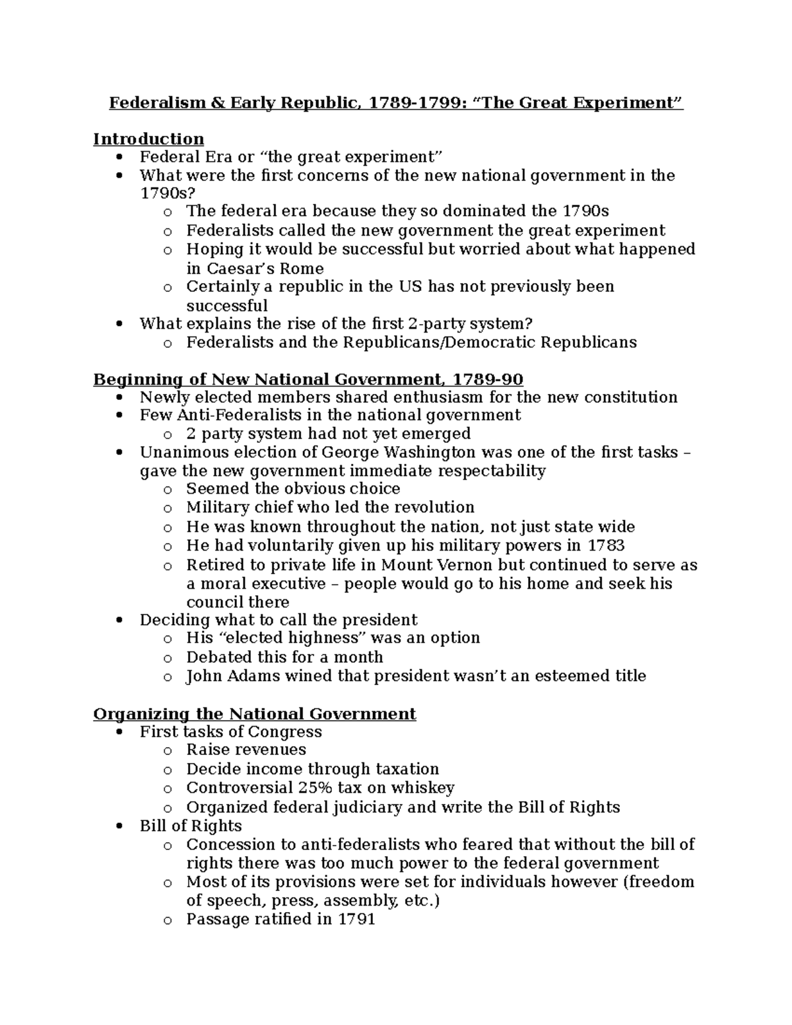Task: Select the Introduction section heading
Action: [x=148, y=139]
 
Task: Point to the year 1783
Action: [x=606, y=546]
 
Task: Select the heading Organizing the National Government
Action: [x=255, y=714]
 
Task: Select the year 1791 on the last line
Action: [x=356, y=919]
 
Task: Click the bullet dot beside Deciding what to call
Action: [x=119, y=620]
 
